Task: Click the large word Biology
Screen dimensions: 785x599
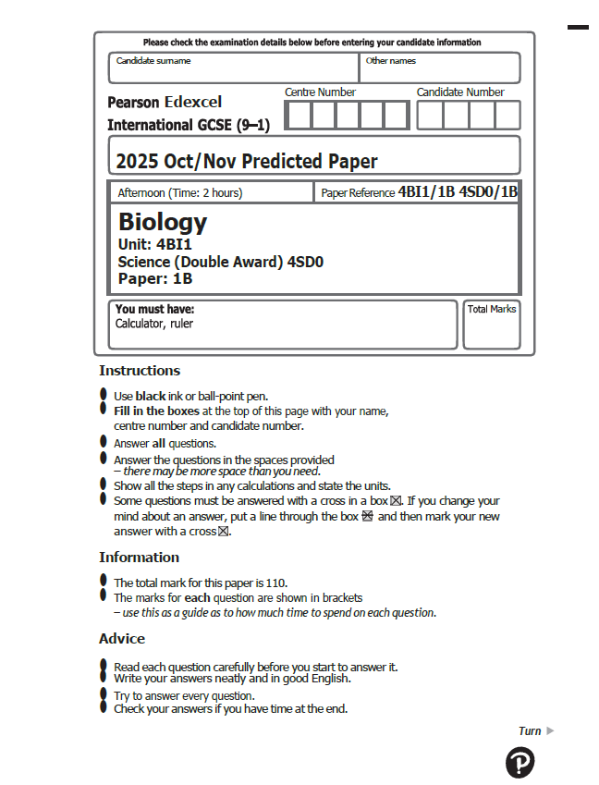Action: pos(163,222)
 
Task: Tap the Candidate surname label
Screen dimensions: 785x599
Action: pos(153,61)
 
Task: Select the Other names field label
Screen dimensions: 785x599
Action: pos(391,61)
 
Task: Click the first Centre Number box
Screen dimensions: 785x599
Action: pos(299,116)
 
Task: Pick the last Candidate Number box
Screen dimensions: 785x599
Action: pos(507,116)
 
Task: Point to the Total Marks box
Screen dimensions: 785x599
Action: pos(491,325)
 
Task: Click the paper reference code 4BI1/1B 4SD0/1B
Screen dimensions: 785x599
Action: pos(458,192)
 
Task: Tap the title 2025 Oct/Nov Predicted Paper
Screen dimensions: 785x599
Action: pos(247,162)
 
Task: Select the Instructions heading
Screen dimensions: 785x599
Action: pos(140,371)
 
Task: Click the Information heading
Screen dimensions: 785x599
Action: pos(140,558)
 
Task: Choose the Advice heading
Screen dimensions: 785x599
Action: pos(122,639)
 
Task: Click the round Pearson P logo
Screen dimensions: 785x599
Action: pos(520,763)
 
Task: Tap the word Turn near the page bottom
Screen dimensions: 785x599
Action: pos(530,731)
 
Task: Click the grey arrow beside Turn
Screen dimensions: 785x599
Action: pos(551,731)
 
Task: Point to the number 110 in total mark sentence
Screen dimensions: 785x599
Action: pos(277,583)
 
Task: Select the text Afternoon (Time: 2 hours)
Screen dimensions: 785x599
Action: pos(180,193)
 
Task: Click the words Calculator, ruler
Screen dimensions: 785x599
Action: pos(154,325)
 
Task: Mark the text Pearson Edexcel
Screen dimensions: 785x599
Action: pos(165,103)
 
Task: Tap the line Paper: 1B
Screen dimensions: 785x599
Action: pos(155,277)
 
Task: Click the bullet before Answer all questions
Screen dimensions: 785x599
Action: pos(104,442)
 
